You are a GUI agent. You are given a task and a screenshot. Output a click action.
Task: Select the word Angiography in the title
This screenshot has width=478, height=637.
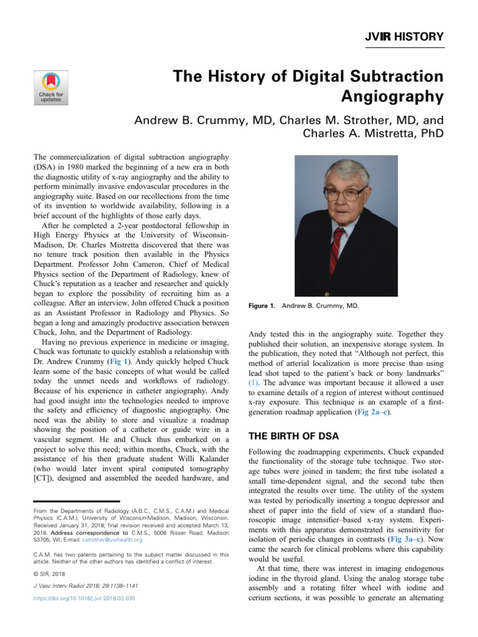[x=393, y=97]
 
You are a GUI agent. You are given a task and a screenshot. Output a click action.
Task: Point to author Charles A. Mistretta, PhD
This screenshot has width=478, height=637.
[x=373, y=133]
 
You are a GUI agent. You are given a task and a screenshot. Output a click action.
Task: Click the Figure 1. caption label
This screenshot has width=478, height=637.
[x=263, y=306]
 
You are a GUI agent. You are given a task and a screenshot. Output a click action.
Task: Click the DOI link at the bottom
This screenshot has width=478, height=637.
[x=84, y=598]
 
